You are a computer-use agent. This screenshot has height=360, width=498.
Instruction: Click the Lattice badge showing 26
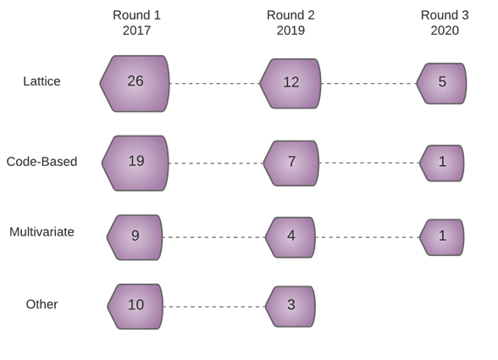[135, 84]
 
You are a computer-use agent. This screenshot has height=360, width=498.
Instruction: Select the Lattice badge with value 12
[290, 84]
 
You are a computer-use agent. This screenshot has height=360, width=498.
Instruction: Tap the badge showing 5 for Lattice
[441, 84]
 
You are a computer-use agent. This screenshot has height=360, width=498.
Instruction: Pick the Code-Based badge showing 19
[136, 163]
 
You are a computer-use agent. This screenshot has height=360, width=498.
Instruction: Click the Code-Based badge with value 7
[291, 163]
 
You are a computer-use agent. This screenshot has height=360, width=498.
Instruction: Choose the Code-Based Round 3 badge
[442, 163]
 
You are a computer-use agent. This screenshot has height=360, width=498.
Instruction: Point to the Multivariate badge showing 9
[135, 237]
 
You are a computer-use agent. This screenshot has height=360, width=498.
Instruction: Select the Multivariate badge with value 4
[290, 237]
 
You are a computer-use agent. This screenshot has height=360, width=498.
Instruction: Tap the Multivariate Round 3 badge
[442, 237]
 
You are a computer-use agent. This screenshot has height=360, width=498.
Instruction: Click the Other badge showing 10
[136, 307]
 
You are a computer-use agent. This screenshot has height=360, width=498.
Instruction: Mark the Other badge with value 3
[290, 307]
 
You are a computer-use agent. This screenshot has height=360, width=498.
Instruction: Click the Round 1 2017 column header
[136, 23]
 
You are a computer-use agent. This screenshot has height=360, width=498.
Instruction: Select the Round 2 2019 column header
[290, 23]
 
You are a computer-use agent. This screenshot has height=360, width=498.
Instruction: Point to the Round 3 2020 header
[445, 23]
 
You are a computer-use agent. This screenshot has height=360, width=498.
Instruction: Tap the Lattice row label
[41, 81]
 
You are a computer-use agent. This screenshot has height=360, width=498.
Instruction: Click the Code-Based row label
[41, 162]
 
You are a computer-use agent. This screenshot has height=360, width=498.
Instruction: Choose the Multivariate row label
[41, 232]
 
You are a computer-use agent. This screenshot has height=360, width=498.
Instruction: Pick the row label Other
[41, 304]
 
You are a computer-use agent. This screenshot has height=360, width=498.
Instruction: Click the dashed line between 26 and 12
[215, 84]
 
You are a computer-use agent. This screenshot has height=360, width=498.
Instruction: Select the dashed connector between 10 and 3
[214, 307]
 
